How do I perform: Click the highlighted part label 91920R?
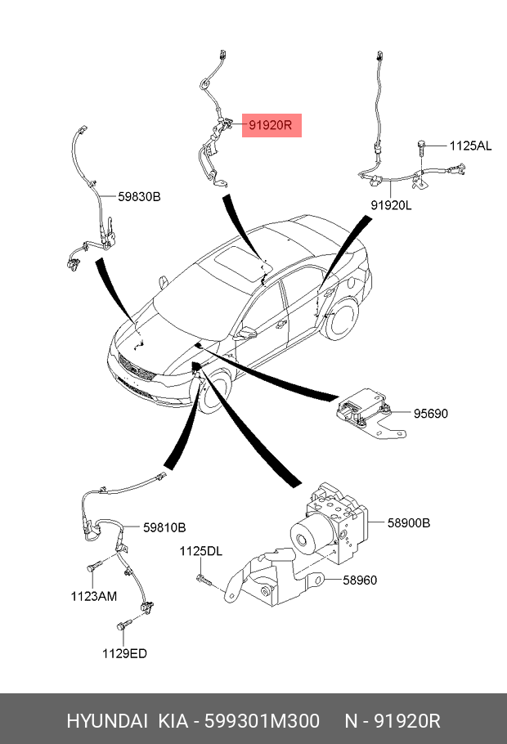coord(271,126)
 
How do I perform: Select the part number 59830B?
coord(139,196)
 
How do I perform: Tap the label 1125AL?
coord(470,146)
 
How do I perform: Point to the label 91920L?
coord(390,205)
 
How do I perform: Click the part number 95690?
coord(429,414)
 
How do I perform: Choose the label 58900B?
coord(408,522)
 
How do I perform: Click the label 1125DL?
coord(200,552)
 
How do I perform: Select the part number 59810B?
coord(164,527)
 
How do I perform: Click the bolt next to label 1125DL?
coord(204,580)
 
